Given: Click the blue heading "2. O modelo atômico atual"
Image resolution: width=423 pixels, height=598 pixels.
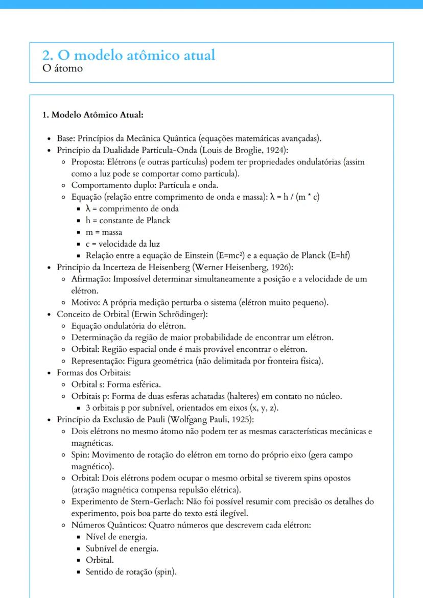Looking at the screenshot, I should (x=129, y=55).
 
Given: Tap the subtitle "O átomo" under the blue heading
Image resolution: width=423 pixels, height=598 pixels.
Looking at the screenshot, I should (x=63, y=68).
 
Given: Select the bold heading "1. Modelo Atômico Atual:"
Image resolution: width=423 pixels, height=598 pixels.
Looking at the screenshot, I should (x=92, y=114).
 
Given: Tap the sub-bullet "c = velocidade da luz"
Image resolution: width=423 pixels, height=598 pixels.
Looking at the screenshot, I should (x=123, y=244).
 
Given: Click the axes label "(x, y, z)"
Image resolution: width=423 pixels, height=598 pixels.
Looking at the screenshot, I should (x=261, y=408).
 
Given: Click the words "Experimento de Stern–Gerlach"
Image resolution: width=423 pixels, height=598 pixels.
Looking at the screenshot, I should (x=126, y=501).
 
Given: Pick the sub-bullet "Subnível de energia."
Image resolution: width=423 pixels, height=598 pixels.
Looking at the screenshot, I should (x=122, y=548).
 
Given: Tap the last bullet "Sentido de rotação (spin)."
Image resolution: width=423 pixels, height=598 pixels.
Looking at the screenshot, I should (x=131, y=572).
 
